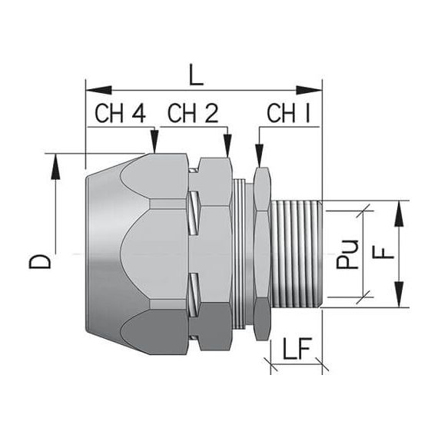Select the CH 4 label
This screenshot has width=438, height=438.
(x=120, y=114)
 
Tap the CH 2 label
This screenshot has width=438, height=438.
(x=193, y=114)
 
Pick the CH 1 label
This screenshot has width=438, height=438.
(x=288, y=114)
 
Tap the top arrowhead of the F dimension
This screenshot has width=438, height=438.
(x=399, y=211)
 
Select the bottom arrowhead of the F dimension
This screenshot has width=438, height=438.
(x=399, y=299)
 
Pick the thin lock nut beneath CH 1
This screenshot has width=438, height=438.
(x=260, y=254)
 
